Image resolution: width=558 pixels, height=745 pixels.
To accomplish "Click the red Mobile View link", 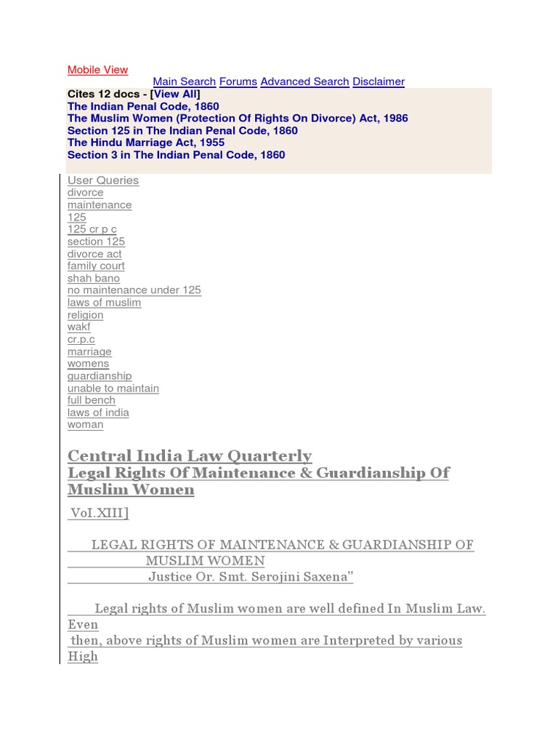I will [x=97, y=70].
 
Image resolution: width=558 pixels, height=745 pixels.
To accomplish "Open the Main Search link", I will [x=184, y=81].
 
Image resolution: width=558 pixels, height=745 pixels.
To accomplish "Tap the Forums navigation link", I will [x=238, y=81].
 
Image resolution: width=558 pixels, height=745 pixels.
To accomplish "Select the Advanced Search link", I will [x=304, y=81].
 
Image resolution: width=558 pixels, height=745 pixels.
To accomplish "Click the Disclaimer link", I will [x=379, y=81].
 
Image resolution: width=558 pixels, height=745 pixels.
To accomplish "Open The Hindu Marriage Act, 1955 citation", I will [x=145, y=143].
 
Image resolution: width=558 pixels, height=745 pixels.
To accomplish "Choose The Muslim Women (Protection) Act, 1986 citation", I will [x=238, y=119].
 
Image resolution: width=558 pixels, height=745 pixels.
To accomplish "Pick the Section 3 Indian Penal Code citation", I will [x=176, y=155].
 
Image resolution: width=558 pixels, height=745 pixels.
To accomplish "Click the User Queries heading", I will [x=102, y=180].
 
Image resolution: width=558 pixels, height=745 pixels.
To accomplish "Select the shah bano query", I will [x=93, y=278].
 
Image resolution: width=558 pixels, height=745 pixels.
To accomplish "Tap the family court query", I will [x=96, y=266].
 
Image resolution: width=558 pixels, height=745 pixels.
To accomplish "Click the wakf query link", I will [x=79, y=327].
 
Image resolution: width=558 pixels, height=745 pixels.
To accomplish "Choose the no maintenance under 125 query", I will [x=134, y=290].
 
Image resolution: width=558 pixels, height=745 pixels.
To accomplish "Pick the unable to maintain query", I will [x=113, y=389].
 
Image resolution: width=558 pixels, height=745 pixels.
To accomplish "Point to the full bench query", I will [x=91, y=400].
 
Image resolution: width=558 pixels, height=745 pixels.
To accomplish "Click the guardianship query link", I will [x=100, y=376].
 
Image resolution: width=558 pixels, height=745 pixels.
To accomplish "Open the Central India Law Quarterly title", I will [x=189, y=456].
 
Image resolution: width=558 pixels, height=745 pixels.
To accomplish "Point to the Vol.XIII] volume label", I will [x=99, y=514].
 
